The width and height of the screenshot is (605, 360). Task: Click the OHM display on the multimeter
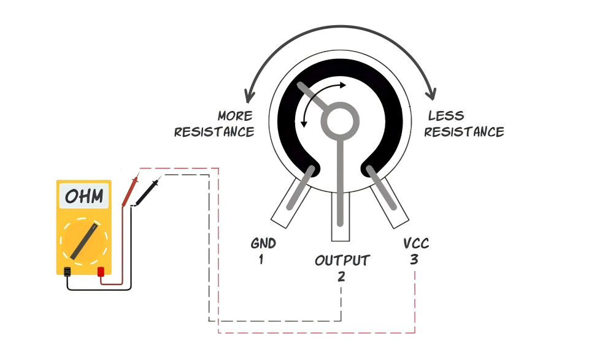83,196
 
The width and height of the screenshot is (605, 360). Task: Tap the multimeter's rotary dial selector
84,242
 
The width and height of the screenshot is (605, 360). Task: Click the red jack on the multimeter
101,272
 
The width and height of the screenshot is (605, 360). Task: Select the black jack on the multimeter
67,272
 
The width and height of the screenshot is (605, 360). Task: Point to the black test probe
148,191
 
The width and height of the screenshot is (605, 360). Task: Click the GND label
263,243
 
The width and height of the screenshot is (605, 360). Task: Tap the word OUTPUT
342,261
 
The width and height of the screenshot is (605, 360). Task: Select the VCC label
416,243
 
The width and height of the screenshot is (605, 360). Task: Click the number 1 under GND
261,259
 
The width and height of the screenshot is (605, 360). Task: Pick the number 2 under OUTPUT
341,277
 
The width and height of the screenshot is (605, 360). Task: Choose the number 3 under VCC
414,259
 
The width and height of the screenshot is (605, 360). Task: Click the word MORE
235,116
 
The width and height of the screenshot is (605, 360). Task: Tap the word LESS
446,116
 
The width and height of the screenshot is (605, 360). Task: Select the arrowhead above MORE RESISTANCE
249,96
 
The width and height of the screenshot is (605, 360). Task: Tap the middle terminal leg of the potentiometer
341,216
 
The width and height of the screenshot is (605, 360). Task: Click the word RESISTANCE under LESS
464,132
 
